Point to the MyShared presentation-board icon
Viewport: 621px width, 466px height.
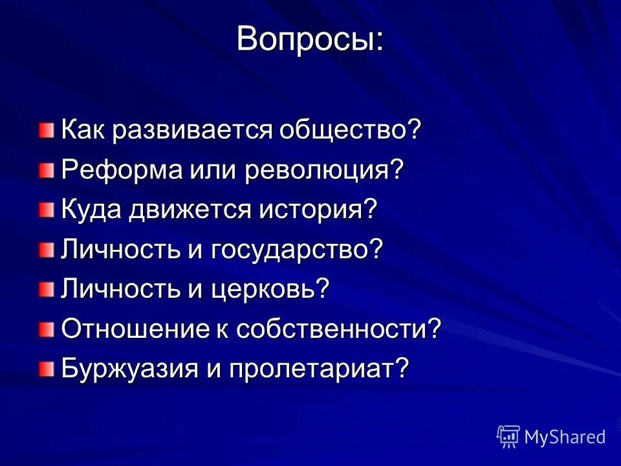point(508,437)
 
